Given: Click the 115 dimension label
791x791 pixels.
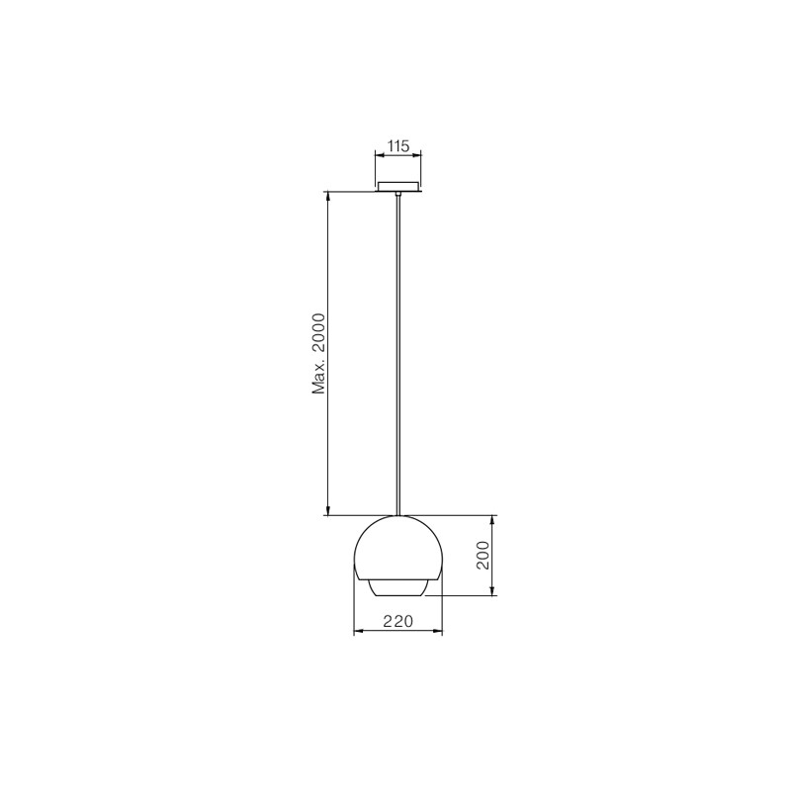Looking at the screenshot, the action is pos(398,146).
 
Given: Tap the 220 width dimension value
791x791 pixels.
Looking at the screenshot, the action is pos(398,621).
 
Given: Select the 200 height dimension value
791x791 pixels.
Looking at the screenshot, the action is pos(483,555).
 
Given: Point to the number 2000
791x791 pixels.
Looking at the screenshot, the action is pos(319,335).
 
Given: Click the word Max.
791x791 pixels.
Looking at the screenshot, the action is pos(319,379).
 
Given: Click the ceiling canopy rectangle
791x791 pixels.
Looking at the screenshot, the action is pos(398,187).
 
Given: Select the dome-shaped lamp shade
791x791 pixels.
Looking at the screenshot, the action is pos(398,548).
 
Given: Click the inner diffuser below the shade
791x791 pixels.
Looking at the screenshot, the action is pos(398,587).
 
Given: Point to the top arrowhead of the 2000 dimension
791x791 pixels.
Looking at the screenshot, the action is pos(328,197).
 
